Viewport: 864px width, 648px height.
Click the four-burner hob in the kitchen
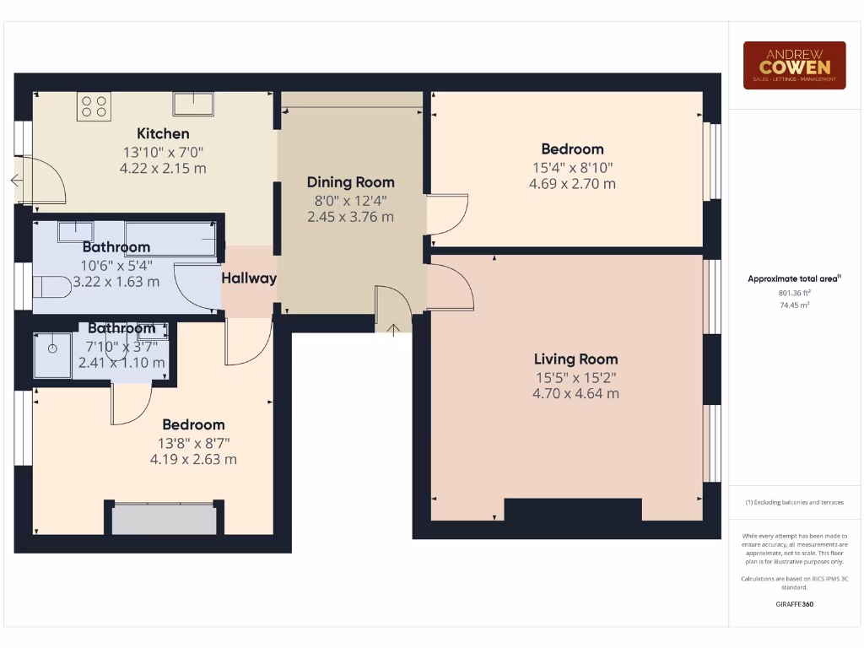tap(94, 106)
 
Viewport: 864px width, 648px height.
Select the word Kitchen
tap(163, 133)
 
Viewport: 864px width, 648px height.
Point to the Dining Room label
tap(350, 182)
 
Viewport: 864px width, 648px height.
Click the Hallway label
tap(249, 278)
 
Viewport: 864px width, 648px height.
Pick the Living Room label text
tap(575, 359)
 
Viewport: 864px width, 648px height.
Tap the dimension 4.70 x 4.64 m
tap(575, 393)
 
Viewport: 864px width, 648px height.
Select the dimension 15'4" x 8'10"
tap(572, 167)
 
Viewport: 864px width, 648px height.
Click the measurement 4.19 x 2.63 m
tap(193, 460)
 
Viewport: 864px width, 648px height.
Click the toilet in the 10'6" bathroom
tap(51, 288)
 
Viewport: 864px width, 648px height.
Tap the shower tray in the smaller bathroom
tap(52, 354)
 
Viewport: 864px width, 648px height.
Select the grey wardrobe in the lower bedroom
tap(165, 518)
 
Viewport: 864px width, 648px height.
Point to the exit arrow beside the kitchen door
tap(16, 180)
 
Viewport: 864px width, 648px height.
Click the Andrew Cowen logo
tap(794, 65)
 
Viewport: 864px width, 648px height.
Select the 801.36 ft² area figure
tap(793, 293)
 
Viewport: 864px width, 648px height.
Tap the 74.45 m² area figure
tap(793, 305)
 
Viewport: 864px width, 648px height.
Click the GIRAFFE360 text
tap(793, 604)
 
